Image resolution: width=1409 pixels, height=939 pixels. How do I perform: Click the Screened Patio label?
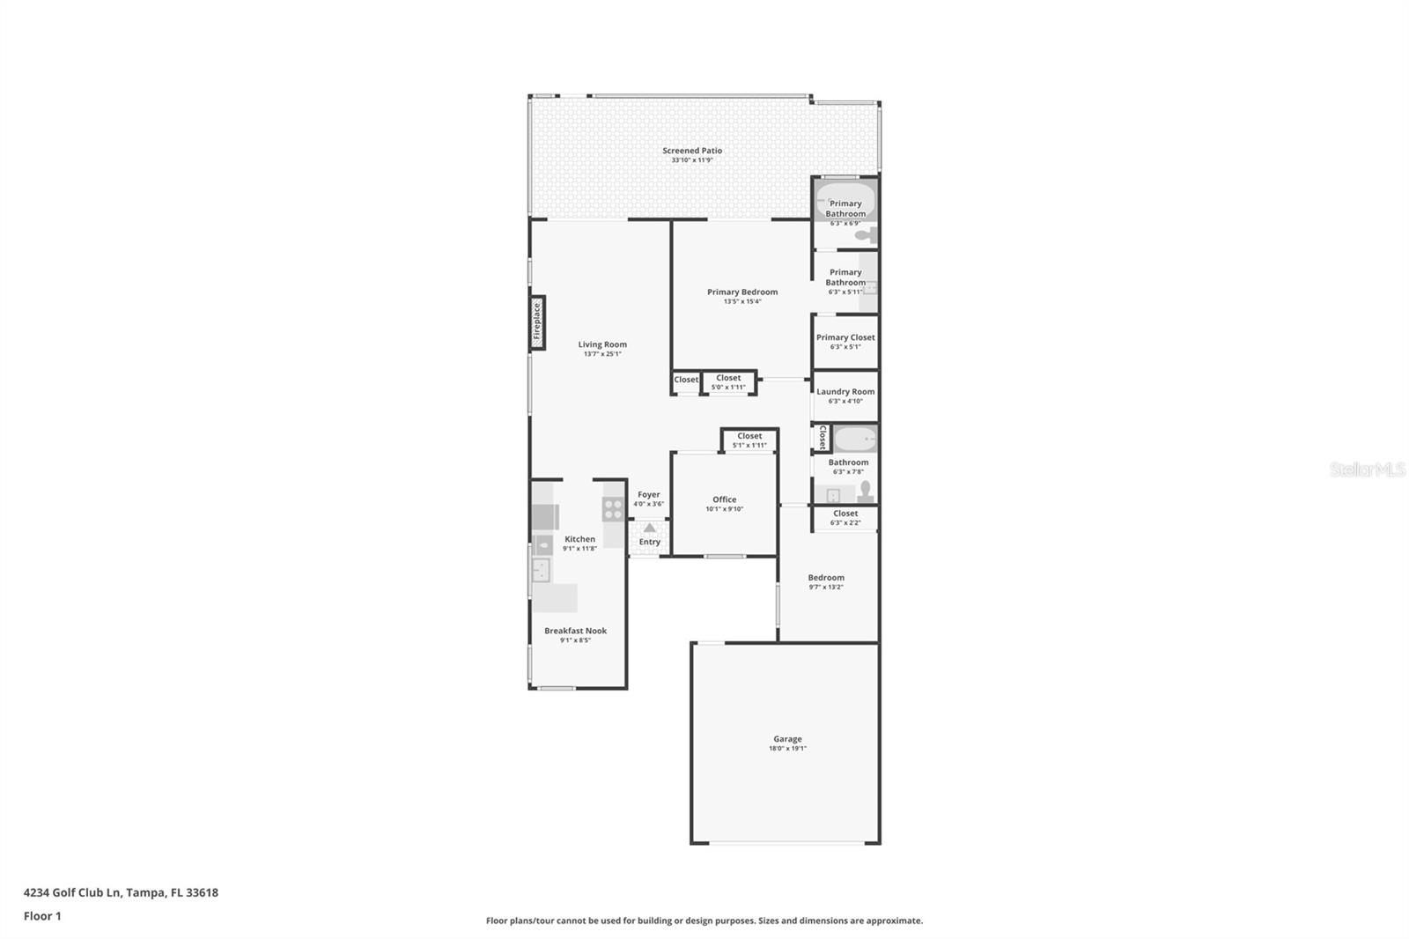coord(692,151)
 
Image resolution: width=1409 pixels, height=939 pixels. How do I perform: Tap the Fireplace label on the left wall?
coord(537,322)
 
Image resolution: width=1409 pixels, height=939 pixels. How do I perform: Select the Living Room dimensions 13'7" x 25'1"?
coord(602,354)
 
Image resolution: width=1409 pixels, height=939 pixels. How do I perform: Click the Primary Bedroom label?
coord(742,292)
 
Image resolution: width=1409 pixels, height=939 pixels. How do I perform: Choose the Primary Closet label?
coord(845,337)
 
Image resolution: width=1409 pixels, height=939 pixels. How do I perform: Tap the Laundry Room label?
coord(845,392)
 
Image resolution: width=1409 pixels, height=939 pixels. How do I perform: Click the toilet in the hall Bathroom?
coord(866,491)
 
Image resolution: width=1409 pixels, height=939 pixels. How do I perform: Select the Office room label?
coord(725,499)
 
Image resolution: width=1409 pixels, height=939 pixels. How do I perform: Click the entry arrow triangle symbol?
coord(649,529)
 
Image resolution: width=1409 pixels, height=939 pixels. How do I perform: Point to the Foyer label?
coord(649,495)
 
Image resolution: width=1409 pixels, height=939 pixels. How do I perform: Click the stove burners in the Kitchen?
coord(613,508)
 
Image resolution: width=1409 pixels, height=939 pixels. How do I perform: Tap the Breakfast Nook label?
coord(575,631)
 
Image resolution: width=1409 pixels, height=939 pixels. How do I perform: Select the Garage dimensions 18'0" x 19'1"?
coord(787,749)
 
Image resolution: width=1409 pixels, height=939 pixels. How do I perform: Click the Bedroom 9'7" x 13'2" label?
coord(826,578)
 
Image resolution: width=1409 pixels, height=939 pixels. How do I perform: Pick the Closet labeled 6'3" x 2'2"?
coord(845,514)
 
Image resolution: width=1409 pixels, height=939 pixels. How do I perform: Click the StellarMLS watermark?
coord(1367,469)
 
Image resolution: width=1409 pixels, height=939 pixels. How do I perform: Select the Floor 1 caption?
coord(42,916)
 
